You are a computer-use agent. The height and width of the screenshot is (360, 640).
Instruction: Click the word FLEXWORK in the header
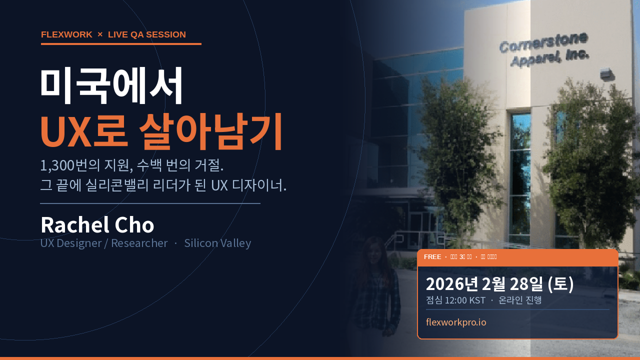[66, 34]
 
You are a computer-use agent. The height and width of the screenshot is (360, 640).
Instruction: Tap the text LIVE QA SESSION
[147, 34]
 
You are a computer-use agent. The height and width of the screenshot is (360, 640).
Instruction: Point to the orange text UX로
[83, 132]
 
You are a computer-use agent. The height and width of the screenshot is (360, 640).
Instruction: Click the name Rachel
[74, 225]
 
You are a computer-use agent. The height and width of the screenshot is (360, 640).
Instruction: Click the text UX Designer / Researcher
[104, 243]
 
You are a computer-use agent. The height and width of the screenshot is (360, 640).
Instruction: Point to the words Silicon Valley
[217, 243]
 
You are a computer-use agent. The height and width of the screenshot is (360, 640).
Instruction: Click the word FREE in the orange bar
[432, 257]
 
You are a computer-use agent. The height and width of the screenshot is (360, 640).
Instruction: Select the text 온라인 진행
[520, 300]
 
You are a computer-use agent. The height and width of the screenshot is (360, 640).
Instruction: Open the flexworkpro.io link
[456, 322]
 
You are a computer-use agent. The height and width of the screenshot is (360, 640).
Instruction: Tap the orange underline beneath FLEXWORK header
[121, 44]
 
